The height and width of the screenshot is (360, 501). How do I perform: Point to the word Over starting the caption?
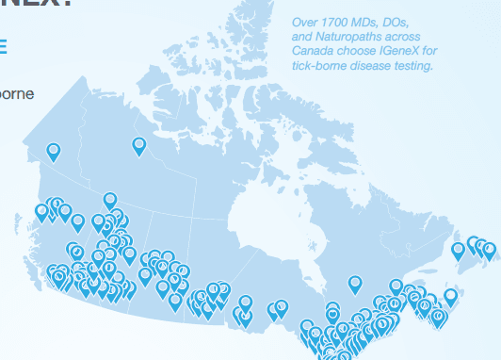pyautogui.click(x=303, y=21)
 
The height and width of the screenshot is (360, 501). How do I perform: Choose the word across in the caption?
pyautogui.click(x=405, y=36)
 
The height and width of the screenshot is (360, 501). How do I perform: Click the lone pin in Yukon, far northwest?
pyautogui.click(x=54, y=150)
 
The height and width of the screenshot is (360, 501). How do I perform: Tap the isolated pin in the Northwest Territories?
pyautogui.click(x=139, y=144)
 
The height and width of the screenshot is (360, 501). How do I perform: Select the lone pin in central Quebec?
pyautogui.click(x=355, y=283)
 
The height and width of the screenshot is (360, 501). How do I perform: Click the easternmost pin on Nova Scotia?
pyautogui.click(x=451, y=296)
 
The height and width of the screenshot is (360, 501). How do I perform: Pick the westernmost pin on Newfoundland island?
pyautogui.click(x=459, y=250)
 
